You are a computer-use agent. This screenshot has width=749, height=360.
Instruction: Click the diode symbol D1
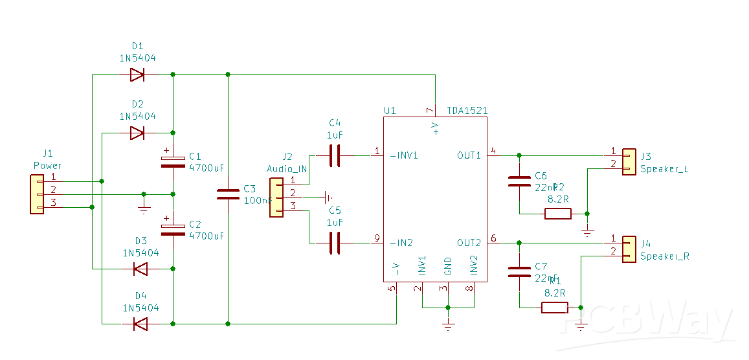(137, 75)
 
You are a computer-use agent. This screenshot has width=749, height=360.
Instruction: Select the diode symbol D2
(137, 133)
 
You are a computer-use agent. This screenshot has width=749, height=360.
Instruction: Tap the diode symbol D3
(139, 268)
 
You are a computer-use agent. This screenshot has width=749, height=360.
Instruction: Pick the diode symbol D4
(139, 323)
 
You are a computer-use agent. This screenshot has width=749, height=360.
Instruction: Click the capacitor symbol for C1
(173, 161)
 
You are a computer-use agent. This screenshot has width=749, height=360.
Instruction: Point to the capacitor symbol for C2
(173, 229)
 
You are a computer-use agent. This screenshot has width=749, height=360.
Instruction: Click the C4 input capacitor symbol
(335, 155)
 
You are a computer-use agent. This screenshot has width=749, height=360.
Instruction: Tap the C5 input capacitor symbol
(335, 243)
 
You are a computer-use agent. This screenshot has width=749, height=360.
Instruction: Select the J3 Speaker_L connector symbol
(628, 162)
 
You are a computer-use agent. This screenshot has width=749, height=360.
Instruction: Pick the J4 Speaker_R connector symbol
(628, 249)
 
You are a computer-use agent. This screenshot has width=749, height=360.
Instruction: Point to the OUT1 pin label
(469, 155)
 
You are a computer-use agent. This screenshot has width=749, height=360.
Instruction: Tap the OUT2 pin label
(469, 243)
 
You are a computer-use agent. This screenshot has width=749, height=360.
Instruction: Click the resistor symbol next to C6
(557, 214)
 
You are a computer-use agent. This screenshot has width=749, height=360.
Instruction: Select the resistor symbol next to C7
(554, 308)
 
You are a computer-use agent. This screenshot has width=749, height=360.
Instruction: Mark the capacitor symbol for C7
(519, 271)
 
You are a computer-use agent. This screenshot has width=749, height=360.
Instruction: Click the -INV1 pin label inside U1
(403, 155)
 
